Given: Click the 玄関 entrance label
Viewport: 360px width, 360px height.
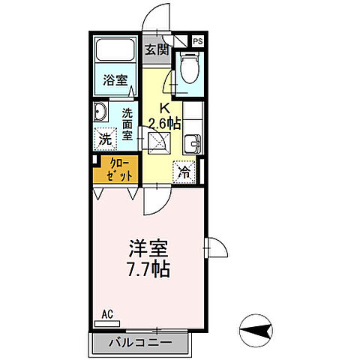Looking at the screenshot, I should click(x=156, y=51).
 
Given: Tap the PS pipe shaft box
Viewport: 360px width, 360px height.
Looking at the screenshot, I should click(x=198, y=41).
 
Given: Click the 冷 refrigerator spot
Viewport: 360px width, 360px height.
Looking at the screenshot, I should click(x=184, y=171).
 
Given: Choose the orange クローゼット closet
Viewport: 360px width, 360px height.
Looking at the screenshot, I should click(x=114, y=169).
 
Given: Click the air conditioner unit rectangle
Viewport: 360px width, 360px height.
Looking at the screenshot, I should click(x=107, y=325).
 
